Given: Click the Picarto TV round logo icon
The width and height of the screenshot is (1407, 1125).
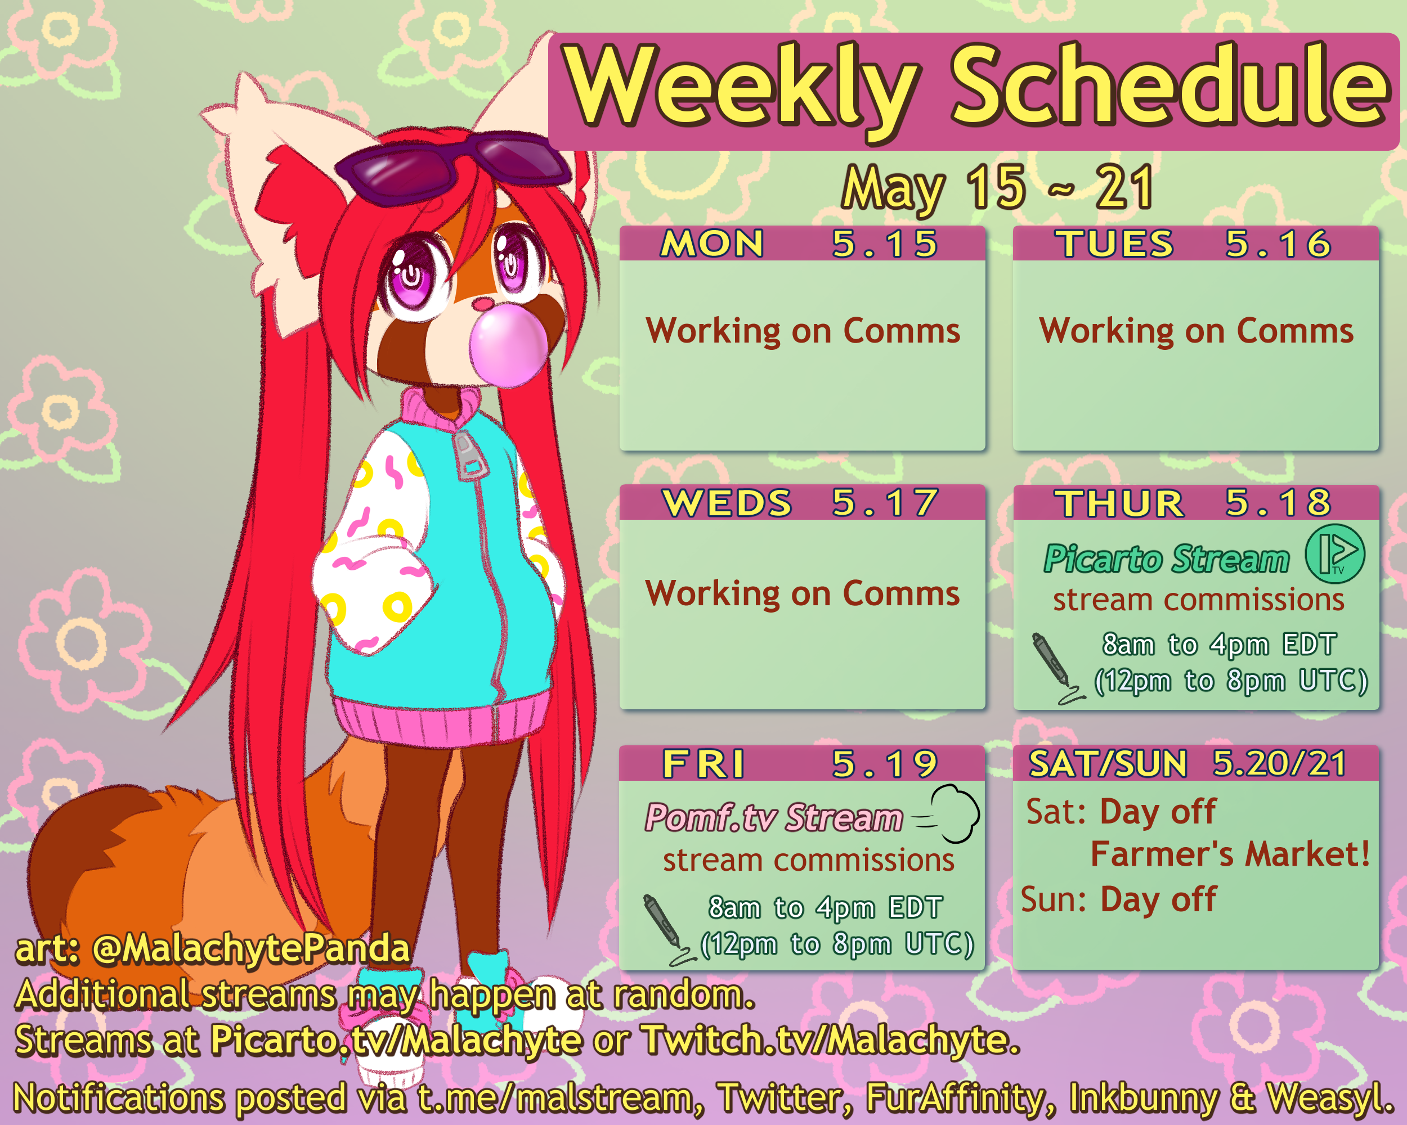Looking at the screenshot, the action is coord(1334,553).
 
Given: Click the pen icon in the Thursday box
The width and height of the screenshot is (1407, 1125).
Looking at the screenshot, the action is coord(1055,667).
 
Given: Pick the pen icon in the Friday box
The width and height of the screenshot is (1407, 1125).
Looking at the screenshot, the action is coord(666,929).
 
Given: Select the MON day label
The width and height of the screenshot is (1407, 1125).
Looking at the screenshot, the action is coord(712,244).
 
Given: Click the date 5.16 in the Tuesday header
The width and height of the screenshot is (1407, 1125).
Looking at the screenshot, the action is coord(1278,244).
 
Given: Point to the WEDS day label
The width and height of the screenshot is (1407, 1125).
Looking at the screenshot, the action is coord(727,503).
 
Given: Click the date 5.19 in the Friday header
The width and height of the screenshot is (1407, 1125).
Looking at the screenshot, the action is coord(884,764).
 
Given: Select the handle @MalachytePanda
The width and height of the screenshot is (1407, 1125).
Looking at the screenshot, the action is coord(251,949).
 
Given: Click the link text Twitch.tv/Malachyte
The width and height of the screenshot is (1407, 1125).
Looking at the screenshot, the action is coord(831,1039).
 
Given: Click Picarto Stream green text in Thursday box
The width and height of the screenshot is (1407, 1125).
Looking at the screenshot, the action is coord(1167,560).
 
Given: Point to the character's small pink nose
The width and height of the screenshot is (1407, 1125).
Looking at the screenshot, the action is coord(482,303).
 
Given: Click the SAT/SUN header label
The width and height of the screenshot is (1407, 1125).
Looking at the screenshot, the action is coord(1108,764).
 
